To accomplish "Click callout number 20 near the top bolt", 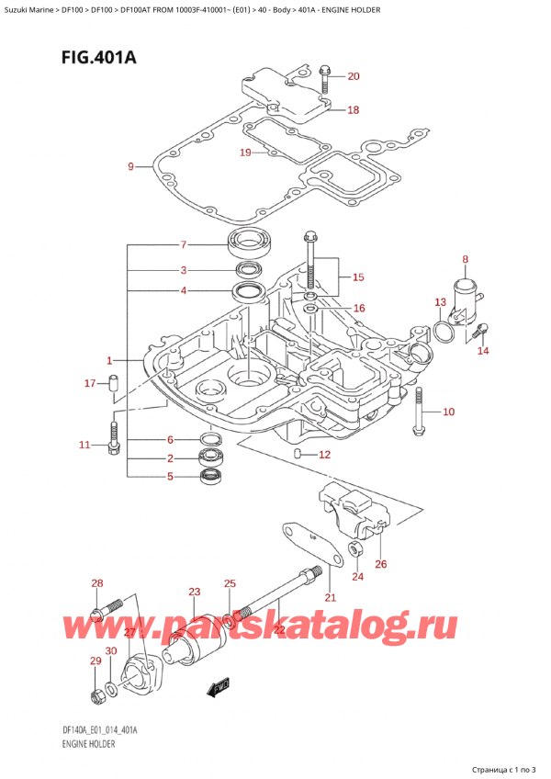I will (x=354, y=76).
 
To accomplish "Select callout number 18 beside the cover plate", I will (x=353, y=110).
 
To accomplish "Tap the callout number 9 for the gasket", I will (x=130, y=166).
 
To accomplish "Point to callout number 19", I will (x=244, y=152).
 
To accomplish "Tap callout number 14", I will (x=483, y=350).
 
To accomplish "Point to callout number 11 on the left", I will (x=84, y=446).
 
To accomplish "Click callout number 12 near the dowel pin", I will (x=323, y=455).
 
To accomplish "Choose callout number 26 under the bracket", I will (x=381, y=564).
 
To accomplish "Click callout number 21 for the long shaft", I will (x=331, y=598).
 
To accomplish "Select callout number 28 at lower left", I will (x=96, y=584).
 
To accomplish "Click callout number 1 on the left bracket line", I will (x=109, y=360).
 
